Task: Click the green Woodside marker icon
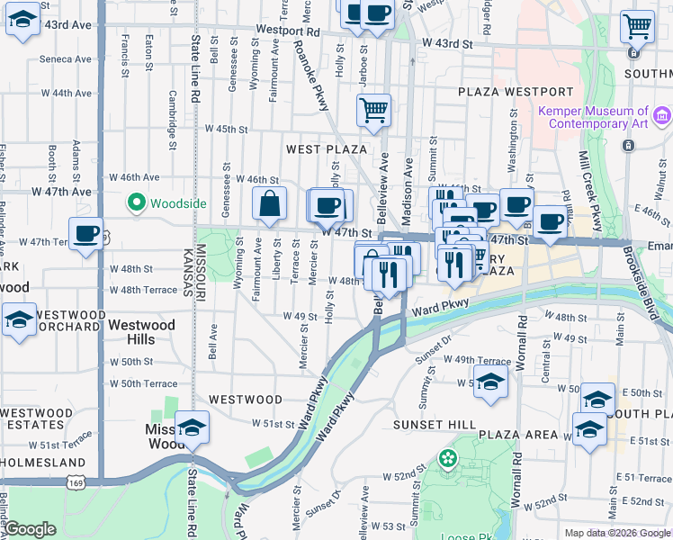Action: [137, 202]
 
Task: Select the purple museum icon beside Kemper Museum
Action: [662, 115]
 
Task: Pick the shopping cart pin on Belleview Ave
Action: [373, 112]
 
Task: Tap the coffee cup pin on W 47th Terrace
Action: [86, 235]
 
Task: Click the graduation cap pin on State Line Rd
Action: [192, 429]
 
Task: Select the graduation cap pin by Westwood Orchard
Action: [20, 320]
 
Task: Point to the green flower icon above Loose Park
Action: [447, 459]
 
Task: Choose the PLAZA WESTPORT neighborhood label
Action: [515, 92]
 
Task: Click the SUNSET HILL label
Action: [427, 424]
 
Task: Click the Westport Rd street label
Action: [287, 30]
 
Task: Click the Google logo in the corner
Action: [30, 529]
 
